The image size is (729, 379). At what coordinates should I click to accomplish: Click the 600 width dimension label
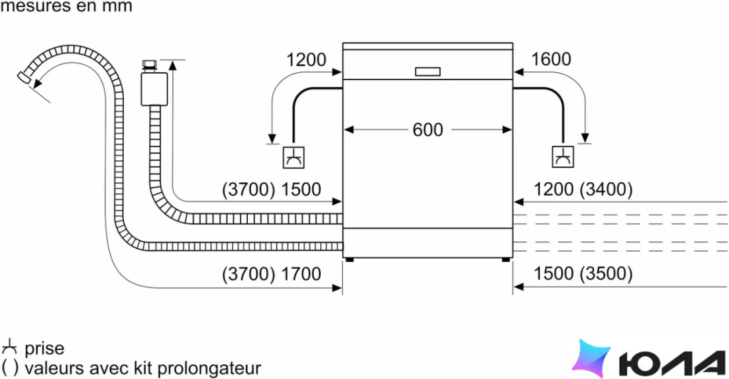coord(427,130)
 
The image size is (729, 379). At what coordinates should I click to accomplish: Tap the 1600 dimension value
coord(551,60)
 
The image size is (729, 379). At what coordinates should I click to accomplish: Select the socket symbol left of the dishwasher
coord(294,157)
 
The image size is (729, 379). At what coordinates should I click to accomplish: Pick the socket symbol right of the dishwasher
coord(563,157)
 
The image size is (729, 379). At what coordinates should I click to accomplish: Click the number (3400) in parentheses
coord(606,189)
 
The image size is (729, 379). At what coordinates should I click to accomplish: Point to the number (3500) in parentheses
coord(606,274)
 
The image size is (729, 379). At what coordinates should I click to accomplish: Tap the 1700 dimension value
coord(301,274)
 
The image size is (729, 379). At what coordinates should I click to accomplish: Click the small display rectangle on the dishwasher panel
coord(427,72)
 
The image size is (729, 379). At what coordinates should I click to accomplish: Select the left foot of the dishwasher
coord(349,260)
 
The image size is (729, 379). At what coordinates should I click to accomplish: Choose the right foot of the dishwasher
coord(506,260)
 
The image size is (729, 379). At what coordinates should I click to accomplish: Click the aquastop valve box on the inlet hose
coord(154,89)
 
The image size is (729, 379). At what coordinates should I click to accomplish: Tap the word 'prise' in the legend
coord(44,349)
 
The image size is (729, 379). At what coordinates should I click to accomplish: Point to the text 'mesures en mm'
coord(66,7)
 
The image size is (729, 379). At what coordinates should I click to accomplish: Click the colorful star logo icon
coord(591,358)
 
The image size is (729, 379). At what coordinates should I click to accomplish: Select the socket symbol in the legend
coord(9,348)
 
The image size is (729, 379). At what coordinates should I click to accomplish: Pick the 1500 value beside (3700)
coord(301,189)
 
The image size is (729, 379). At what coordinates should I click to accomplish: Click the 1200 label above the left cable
coord(306,60)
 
